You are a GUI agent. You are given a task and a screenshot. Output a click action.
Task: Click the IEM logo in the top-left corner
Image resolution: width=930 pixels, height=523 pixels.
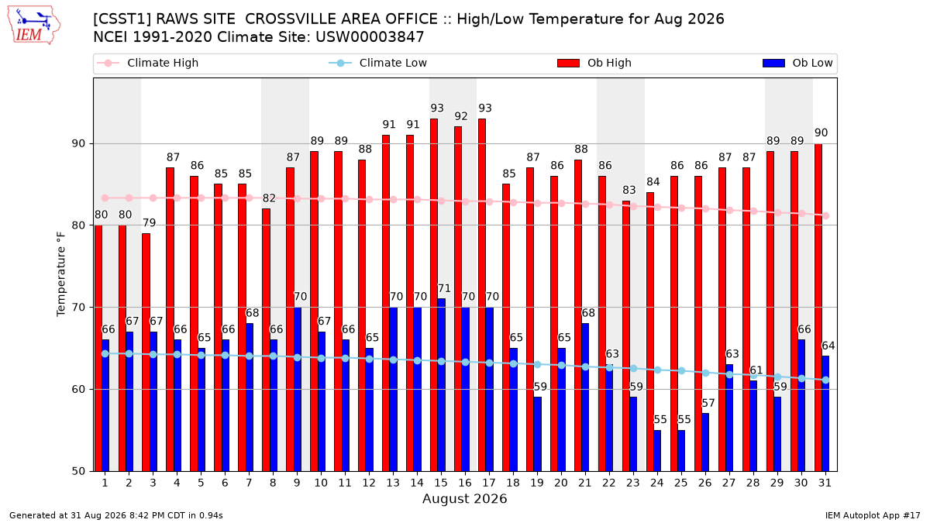click(x=34, y=26)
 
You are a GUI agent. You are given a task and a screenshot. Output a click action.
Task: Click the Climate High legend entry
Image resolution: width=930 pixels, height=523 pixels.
click(x=147, y=63)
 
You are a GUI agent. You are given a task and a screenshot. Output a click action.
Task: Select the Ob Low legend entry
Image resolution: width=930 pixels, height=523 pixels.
click(x=797, y=63)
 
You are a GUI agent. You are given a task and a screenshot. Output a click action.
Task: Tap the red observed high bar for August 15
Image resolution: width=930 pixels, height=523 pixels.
click(x=434, y=295)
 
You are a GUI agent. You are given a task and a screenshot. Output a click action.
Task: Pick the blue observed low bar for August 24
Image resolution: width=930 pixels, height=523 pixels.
click(x=657, y=451)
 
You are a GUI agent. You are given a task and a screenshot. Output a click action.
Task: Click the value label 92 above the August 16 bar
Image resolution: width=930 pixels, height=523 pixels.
click(x=461, y=116)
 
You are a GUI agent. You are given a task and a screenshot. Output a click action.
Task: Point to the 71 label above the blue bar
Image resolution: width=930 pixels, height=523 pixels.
click(x=444, y=288)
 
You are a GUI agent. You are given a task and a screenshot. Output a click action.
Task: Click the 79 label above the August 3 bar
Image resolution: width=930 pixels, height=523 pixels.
click(x=149, y=223)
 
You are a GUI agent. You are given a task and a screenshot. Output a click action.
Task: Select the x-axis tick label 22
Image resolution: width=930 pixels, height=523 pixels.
click(x=608, y=483)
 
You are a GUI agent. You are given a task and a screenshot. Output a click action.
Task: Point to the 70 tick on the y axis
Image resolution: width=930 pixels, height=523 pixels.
click(x=78, y=308)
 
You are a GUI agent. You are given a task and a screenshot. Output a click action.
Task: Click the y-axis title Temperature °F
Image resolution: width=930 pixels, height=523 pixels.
click(x=61, y=274)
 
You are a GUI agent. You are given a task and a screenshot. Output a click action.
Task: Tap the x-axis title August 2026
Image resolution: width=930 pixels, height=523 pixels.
click(x=464, y=498)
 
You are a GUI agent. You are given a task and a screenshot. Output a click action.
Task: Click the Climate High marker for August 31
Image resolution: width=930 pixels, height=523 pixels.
click(x=825, y=216)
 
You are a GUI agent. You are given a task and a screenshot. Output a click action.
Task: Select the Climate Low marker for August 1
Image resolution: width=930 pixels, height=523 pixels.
click(x=105, y=353)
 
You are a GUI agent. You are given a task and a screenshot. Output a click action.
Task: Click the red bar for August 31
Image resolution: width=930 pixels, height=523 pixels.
click(x=818, y=308)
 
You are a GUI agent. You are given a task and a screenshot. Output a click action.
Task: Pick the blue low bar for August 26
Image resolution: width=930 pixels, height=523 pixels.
click(x=705, y=442)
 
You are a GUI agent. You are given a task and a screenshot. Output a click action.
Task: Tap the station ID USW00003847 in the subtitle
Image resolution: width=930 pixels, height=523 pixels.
click(x=370, y=37)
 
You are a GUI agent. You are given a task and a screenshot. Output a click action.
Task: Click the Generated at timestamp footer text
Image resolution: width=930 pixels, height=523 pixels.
click(x=115, y=515)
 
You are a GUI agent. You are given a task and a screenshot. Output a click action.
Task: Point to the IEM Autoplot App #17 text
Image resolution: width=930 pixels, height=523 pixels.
click(x=873, y=515)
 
